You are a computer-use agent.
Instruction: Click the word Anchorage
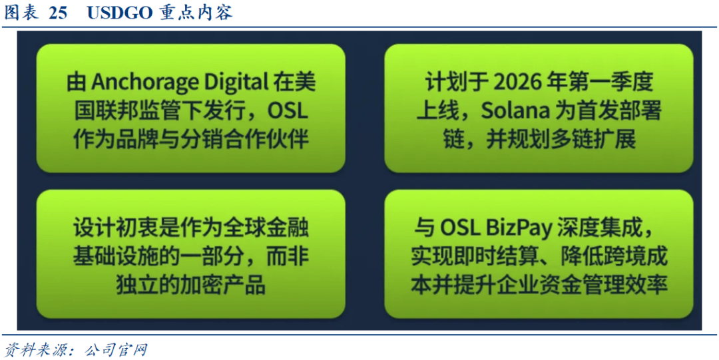pyautogui.click(x=140, y=84)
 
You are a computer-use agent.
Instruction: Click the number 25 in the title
pyautogui.click(x=58, y=13)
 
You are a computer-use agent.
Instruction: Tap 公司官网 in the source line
pyautogui.click(x=117, y=351)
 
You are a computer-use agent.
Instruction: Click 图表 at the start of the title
pyautogui.click(x=22, y=13)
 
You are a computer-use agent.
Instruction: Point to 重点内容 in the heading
pyautogui.click(x=196, y=13)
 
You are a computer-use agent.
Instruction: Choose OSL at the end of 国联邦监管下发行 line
pyautogui.click(x=288, y=111)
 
